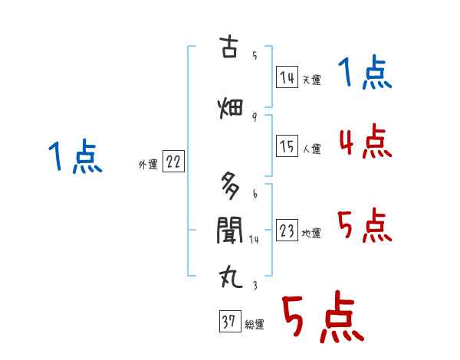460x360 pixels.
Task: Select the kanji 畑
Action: (x=230, y=108)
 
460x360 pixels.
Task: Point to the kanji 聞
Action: (x=230, y=229)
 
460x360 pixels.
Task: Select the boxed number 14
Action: (x=287, y=77)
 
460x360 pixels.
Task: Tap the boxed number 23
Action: (x=287, y=231)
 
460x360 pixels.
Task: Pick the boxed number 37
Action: (x=228, y=322)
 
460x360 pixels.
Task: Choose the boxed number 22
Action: (x=173, y=162)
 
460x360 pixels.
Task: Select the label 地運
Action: (x=311, y=234)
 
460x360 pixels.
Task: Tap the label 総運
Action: (x=254, y=325)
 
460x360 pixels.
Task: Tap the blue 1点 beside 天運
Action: (x=365, y=74)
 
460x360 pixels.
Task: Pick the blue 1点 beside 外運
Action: (x=74, y=159)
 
